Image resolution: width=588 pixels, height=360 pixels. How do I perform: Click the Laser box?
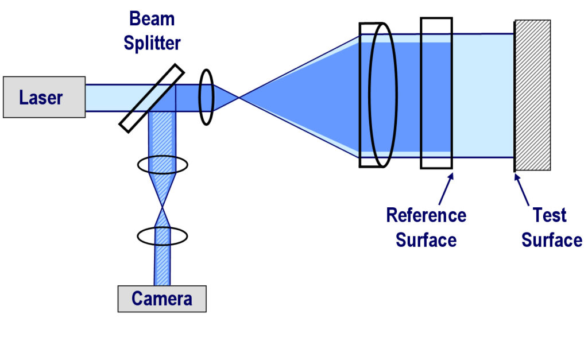click(44, 97)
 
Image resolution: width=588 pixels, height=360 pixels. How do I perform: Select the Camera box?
click(161, 299)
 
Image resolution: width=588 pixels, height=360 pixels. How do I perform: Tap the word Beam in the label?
click(152, 18)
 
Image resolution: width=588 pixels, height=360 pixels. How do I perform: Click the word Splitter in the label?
click(152, 43)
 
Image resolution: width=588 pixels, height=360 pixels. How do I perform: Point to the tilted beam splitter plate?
click(152, 98)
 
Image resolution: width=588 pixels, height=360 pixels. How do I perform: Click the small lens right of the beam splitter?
click(207, 97)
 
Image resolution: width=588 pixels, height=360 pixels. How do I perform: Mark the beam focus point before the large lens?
click(239, 98)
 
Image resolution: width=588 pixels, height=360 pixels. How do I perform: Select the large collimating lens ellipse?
click(382, 95)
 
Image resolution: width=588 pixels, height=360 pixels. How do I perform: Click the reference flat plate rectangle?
click(436, 93)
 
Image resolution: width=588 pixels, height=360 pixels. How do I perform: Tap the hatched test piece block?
click(533, 95)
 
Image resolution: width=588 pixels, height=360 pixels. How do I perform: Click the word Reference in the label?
click(426, 216)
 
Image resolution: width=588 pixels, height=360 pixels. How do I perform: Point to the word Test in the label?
click(550, 216)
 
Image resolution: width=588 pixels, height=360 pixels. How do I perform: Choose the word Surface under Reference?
click(426, 240)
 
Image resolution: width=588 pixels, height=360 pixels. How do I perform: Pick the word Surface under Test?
click(551, 240)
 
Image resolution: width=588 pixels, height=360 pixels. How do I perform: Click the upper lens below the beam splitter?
click(163, 165)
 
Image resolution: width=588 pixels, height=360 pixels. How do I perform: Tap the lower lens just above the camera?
click(163, 235)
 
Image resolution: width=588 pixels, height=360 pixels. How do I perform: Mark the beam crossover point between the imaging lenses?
click(163, 207)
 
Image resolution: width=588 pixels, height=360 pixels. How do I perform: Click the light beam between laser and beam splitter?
click(106, 98)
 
